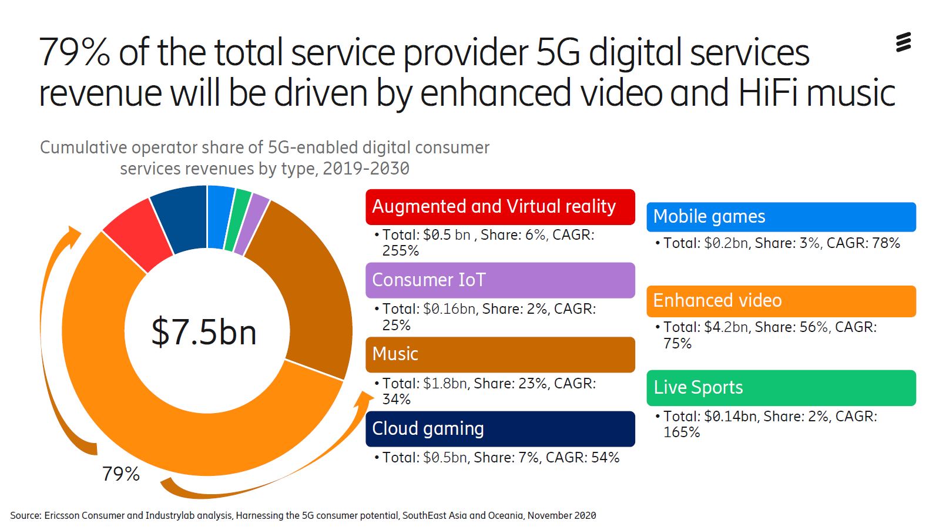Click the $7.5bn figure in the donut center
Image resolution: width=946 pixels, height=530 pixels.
pyautogui.click(x=204, y=332)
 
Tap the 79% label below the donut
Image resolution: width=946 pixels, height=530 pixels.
pyautogui.click(x=121, y=474)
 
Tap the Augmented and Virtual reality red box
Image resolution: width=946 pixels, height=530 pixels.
pyautogui.click(x=500, y=207)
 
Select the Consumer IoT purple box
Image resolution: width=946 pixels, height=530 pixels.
pyautogui.click(x=500, y=280)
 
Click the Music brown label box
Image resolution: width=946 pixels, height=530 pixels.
pyautogui.click(x=500, y=354)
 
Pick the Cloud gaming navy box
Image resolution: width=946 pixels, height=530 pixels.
pyautogui.click(x=500, y=429)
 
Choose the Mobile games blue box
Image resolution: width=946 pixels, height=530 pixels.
pyautogui.click(x=781, y=217)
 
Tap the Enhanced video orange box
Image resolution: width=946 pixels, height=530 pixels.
pyautogui.click(x=781, y=301)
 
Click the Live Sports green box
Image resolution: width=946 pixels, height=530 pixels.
pyautogui.click(x=781, y=388)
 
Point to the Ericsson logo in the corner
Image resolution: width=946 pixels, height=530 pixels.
pyautogui.click(x=903, y=42)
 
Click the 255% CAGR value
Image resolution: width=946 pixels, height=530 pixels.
pyautogui.click(x=401, y=251)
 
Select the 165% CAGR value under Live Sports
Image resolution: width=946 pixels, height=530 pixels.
pyautogui.click(x=682, y=432)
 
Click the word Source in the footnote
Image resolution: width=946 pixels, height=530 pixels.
pyautogui.click(x=25, y=515)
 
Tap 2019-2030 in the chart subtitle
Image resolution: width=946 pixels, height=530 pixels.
pyautogui.click(x=365, y=169)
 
